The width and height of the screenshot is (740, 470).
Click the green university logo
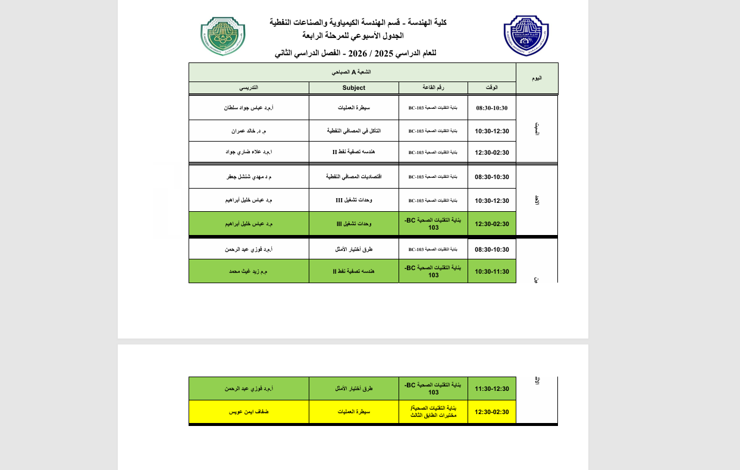click(223, 36)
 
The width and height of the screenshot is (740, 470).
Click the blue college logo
click(526, 36)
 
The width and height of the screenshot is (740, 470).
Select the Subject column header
click(353, 88)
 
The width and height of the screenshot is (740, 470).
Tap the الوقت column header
click(491, 88)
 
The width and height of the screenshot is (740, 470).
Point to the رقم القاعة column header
click(433, 88)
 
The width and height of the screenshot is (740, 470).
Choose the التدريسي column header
click(249, 88)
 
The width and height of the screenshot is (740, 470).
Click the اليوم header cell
click(537, 78)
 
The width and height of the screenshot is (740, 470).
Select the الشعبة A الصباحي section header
click(352, 72)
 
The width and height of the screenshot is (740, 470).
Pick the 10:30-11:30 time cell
click(491, 271)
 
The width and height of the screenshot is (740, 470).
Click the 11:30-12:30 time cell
click(491, 388)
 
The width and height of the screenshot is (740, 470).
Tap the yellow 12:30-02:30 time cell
click(491, 412)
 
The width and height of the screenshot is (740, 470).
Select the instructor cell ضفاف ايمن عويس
click(249, 412)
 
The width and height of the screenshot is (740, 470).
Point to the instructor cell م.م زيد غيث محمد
click(249, 271)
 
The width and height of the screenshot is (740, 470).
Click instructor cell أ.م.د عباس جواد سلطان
click(249, 108)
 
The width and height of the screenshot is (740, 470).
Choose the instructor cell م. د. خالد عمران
click(249, 131)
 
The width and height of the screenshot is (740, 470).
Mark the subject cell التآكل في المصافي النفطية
click(353, 131)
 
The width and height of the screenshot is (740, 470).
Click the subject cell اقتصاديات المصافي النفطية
click(353, 177)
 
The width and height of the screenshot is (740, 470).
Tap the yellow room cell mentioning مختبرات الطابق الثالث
click(433, 412)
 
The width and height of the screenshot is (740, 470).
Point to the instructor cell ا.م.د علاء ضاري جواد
click(249, 152)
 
